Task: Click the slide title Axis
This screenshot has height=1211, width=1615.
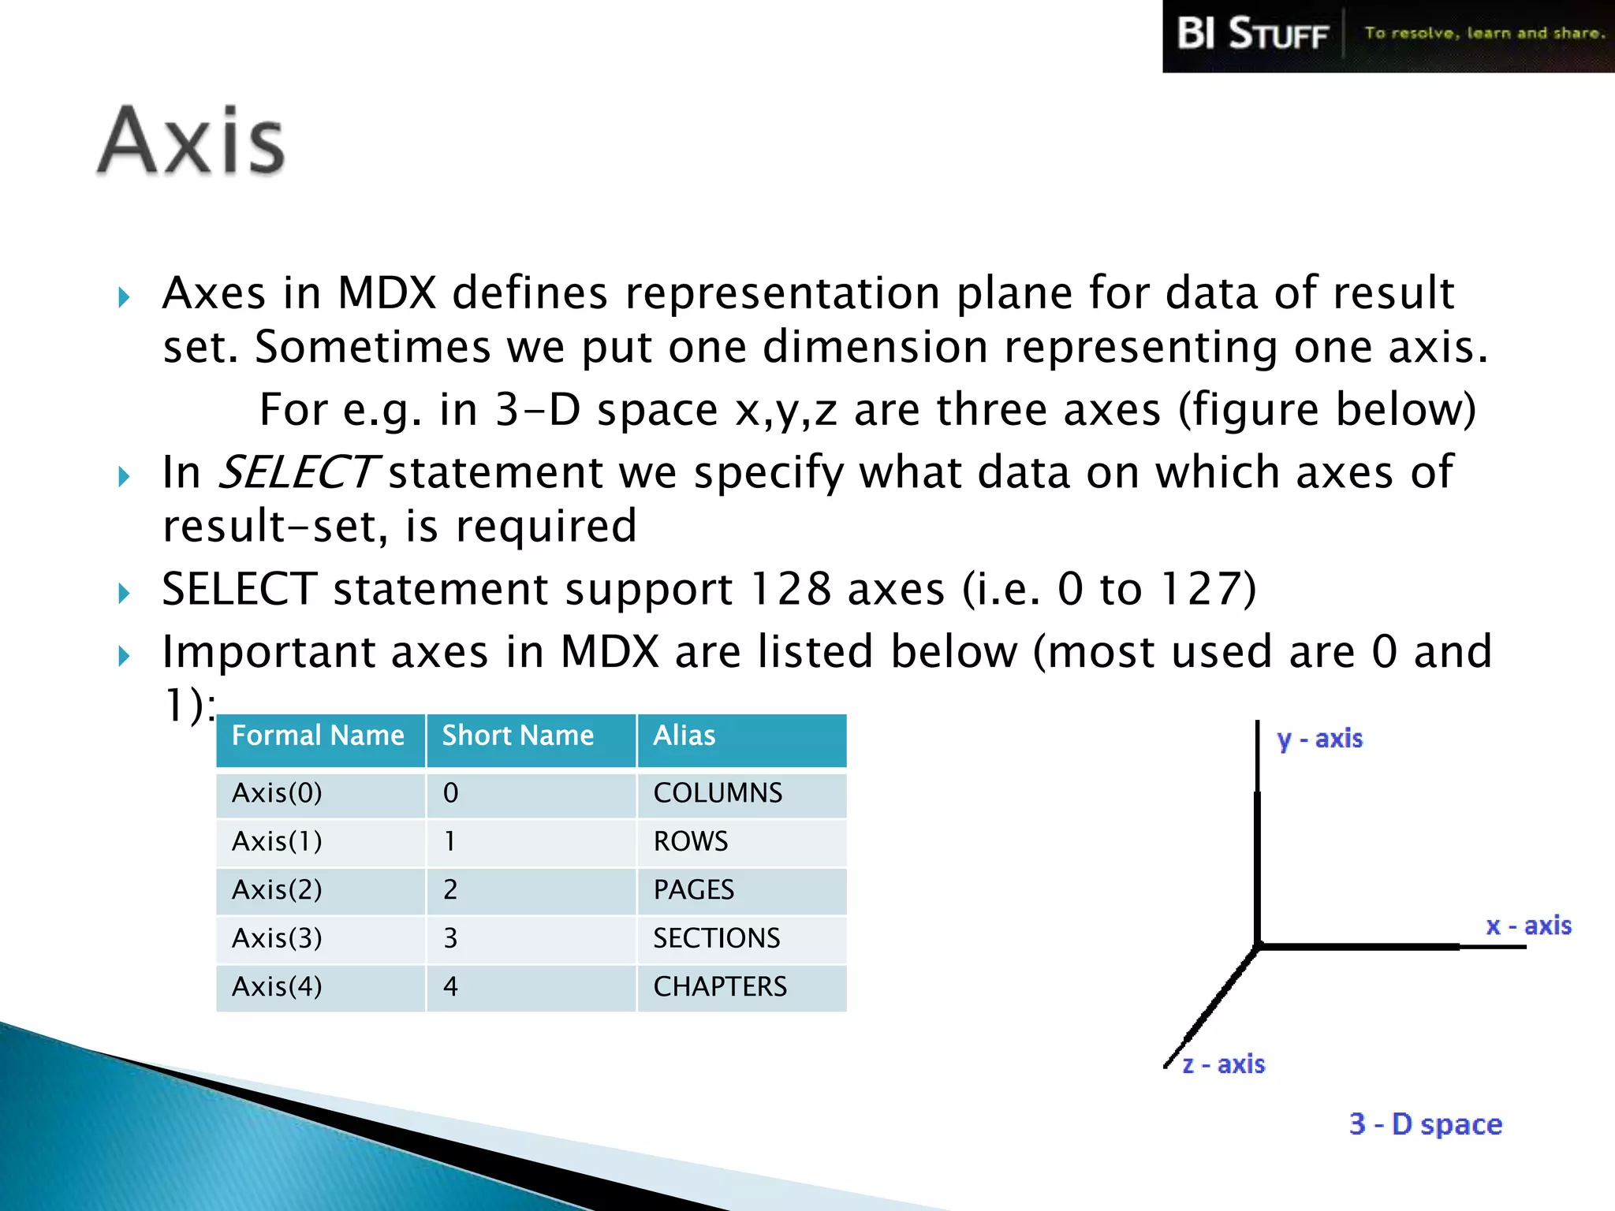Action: pos(191,142)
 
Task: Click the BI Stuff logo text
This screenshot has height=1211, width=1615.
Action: pos(1252,35)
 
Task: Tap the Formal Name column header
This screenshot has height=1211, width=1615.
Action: pos(318,736)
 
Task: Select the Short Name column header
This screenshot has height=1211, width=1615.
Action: pos(517,736)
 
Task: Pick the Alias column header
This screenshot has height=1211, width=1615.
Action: pos(684,736)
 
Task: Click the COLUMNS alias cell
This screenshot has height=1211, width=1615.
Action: pos(718,793)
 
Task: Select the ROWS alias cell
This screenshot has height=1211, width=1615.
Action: pos(691,841)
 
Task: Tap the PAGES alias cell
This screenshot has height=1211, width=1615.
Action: pos(694,890)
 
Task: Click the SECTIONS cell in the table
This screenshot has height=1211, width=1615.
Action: pos(716,938)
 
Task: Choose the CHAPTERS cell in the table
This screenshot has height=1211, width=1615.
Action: pos(720,987)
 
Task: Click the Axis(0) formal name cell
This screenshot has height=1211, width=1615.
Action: pos(277,793)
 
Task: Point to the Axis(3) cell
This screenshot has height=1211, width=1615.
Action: pos(277,938)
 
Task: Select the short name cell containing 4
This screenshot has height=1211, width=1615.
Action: pos(450,987)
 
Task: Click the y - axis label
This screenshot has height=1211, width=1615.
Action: pos(1319,740)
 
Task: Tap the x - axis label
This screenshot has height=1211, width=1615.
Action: pos(1528,926)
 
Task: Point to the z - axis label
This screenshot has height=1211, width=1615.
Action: pos(1224,1064)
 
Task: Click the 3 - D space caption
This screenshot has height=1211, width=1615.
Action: pos(1425,1124)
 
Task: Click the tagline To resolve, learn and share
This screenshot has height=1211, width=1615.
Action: pos(1484,33)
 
